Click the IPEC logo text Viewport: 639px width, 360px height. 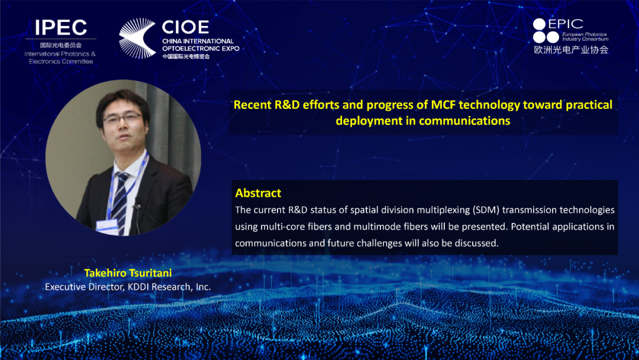tap(61, 28)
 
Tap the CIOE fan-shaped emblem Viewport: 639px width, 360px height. tap(137, 38)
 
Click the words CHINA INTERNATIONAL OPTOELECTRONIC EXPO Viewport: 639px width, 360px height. tap(201, 45)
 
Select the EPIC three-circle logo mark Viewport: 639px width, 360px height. tap(546, 31)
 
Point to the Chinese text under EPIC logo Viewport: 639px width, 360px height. tap(571, 50)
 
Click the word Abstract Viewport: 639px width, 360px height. tap(258, 193)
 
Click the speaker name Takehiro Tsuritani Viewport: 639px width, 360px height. tap(128, 273)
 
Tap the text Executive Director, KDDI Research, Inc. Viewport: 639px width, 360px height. tap(128, 287)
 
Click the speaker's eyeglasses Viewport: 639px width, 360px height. tap(122, 118)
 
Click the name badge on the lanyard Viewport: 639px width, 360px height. tap(106, 226)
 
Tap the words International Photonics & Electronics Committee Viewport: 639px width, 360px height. tap(60, 57)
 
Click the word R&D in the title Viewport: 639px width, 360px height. tap(287, 105)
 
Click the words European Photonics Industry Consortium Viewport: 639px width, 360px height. tap(585, 37)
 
